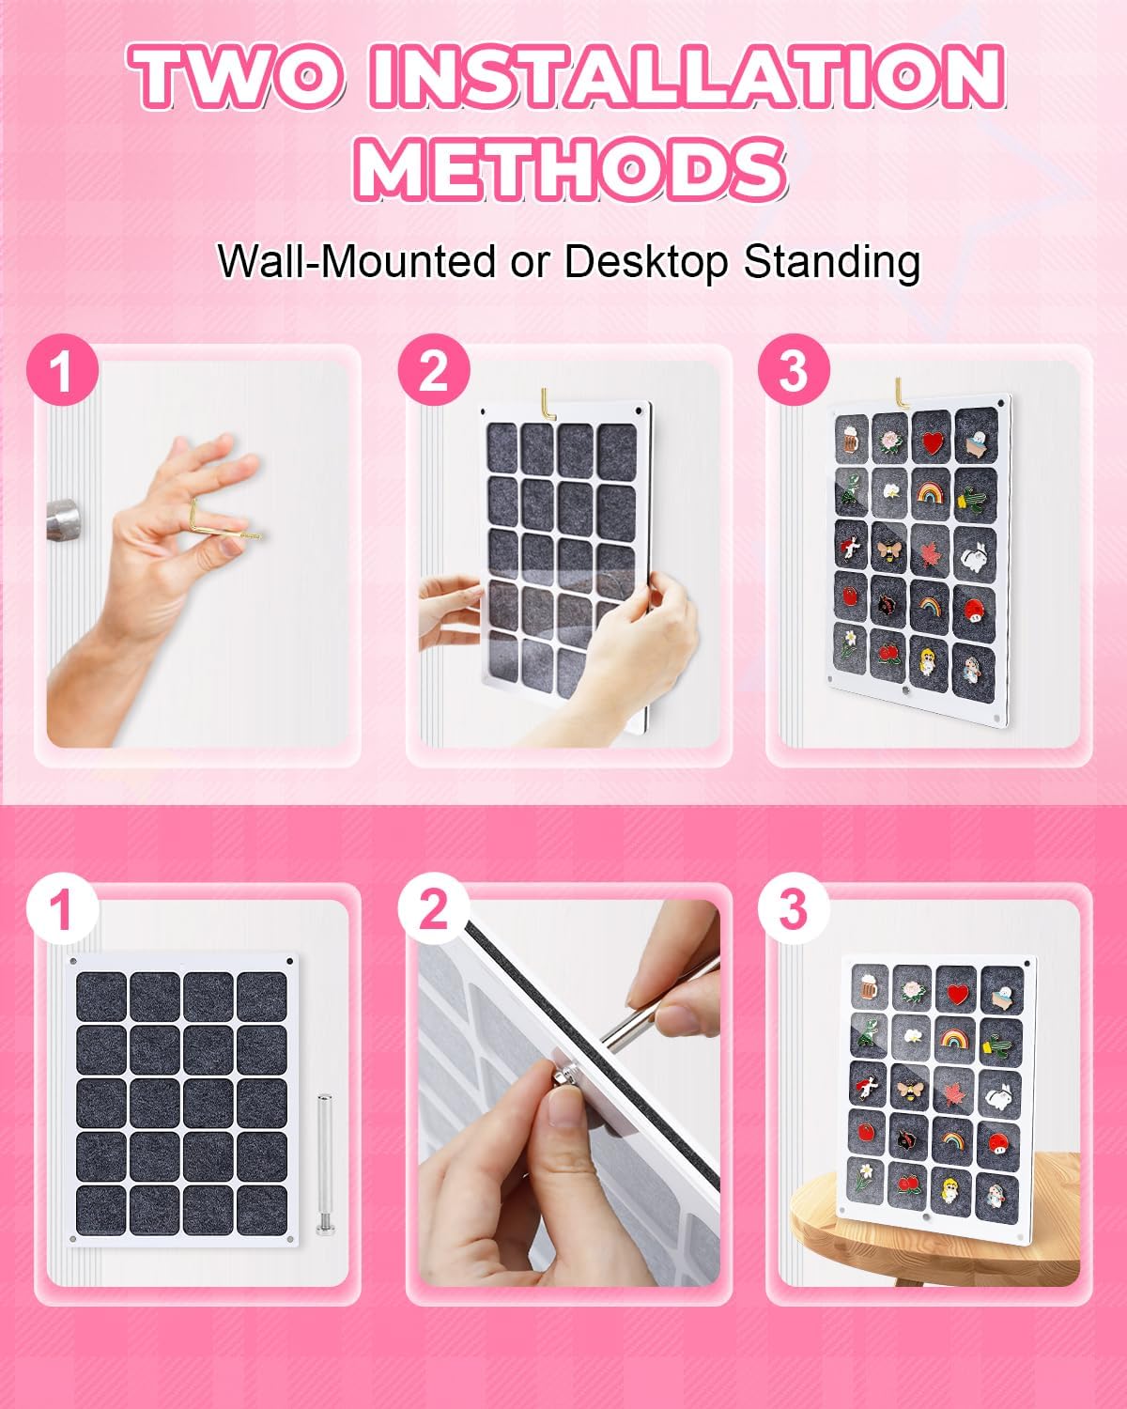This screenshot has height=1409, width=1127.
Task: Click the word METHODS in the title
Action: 573,169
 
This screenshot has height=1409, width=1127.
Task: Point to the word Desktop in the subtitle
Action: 645,262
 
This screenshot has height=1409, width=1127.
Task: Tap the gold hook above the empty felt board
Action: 548,402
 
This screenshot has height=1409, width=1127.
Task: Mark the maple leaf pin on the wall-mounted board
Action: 930,548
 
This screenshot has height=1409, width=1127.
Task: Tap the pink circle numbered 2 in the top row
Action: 433,371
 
